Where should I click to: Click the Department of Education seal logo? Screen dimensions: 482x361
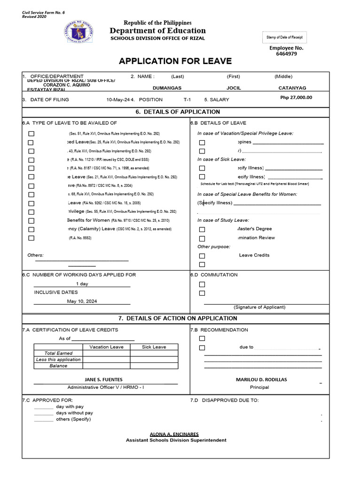tap(78, 31)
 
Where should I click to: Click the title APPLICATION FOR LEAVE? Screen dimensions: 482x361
tap(175, 61)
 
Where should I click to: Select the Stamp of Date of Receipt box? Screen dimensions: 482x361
tap(285, 37)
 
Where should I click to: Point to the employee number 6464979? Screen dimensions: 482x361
tap(286, 54)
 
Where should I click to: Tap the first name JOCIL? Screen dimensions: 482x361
tap(234, 88)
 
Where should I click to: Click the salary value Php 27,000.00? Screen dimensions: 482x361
tap(296, 97)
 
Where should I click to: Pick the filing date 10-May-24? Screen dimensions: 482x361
tap(118, 100)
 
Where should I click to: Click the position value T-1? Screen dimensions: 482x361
tap(187, 100)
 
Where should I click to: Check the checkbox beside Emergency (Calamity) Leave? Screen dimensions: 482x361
tap(31, 229)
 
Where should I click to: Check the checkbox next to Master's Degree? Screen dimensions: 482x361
tap(202, 229)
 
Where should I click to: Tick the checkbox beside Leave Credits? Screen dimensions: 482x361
tap(202, 256)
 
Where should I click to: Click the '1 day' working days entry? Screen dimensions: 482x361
tap(82, 284)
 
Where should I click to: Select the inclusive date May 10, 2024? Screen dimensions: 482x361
tap(82, 301)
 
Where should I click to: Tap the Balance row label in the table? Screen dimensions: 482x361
tap(58, 366)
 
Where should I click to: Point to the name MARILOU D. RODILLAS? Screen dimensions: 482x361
tap(261, 379)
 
